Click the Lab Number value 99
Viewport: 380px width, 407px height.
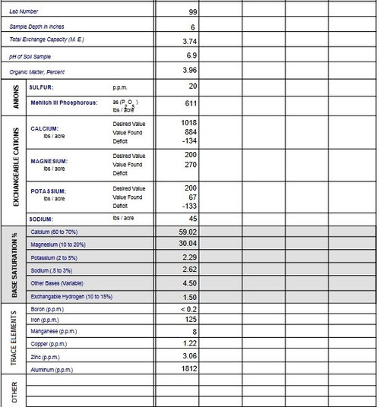coord(193,12)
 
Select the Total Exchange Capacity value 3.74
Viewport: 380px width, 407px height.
coord(191,40)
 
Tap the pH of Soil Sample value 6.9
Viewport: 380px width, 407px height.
coord(192,56)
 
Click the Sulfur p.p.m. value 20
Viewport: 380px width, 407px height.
coord(192,87)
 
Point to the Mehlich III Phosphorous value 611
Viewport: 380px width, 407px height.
coord(191,104)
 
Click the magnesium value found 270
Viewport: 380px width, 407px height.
coord(191,164)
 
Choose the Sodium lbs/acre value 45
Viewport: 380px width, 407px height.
coord(192,219)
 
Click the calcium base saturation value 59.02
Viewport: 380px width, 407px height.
coord(188,232)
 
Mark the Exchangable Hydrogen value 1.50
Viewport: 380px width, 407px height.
coord(190,296)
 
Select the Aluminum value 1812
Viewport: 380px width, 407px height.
coord(189,369)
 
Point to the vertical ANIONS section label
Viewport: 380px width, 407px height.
coord(14,97)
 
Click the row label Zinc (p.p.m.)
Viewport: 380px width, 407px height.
coord(45,357)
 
